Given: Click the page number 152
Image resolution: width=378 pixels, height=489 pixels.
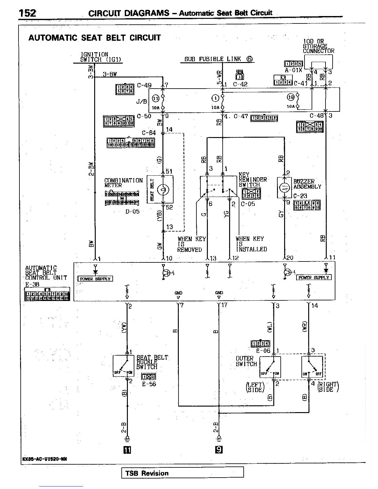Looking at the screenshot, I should (x=27, y=13).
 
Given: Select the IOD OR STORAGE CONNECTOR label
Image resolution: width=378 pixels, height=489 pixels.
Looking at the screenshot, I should (x=318, y=46).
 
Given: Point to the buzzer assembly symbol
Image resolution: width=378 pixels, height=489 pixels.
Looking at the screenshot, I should (x=284, y=187).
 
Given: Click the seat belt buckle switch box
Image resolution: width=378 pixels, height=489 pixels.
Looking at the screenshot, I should (x=124, y=366).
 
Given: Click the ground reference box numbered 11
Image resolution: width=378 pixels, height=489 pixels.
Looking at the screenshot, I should (x=127, y=450).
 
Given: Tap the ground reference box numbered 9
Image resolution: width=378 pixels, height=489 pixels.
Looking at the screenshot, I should (x=219, y=450).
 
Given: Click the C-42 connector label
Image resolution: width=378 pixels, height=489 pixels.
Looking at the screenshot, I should (x=240, y=84).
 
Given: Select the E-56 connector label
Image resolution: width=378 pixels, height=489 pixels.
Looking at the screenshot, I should (x=149, y=384).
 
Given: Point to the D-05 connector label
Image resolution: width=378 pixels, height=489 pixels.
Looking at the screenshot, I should (x=132, y=211).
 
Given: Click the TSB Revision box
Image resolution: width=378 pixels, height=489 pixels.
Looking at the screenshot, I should (x=182, y=473).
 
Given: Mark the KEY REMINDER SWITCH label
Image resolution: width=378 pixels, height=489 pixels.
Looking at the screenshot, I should (x=253, y=180).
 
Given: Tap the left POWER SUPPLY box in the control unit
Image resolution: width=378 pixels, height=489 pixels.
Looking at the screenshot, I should (x=95, y=279).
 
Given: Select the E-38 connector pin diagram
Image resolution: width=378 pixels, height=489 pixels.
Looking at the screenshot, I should (x=47, y=294).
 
